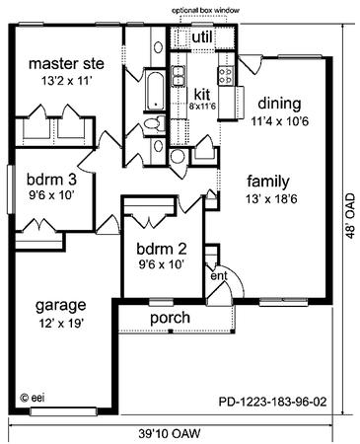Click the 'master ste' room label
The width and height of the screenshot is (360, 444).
click(66, 64)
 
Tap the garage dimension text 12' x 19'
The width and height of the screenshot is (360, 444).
click(60, 324)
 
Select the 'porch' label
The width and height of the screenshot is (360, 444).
click(170, 318)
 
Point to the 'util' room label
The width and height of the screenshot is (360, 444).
click(202, 37)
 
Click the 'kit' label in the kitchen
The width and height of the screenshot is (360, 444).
click(202, 95)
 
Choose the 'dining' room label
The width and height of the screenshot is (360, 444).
click(279, 104)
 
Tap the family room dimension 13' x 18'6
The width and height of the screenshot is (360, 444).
click(271, 199)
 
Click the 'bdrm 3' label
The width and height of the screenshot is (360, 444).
click(51, 180)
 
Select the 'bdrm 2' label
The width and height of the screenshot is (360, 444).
click(162, 249)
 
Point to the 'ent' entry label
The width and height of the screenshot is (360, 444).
click(219, 276)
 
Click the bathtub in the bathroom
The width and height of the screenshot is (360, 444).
click(155, 91)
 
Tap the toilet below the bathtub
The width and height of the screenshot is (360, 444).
click(155, 123)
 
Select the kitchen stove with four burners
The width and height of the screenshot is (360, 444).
click(225, 75)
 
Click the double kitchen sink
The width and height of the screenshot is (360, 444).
click(178, 76)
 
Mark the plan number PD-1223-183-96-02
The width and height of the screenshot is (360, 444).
click(272, 402)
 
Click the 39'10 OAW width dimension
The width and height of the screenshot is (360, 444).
click(169, 434)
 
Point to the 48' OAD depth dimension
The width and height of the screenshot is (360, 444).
click(350, 215)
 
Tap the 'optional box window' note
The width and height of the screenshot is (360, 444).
click(205, 10)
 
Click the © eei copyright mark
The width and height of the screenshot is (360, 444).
click(33, 398)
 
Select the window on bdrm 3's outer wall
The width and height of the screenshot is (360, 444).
click(11, 189)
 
